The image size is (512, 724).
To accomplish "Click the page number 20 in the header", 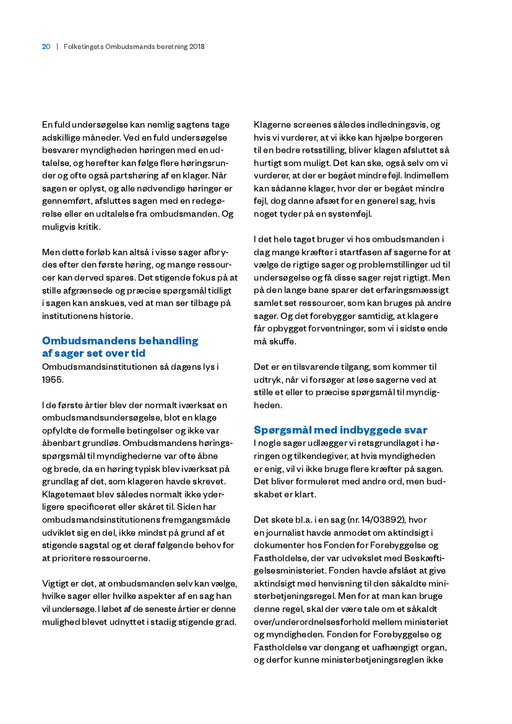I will [x=46, y=46].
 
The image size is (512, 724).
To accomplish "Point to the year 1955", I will [x=53, y=379].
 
